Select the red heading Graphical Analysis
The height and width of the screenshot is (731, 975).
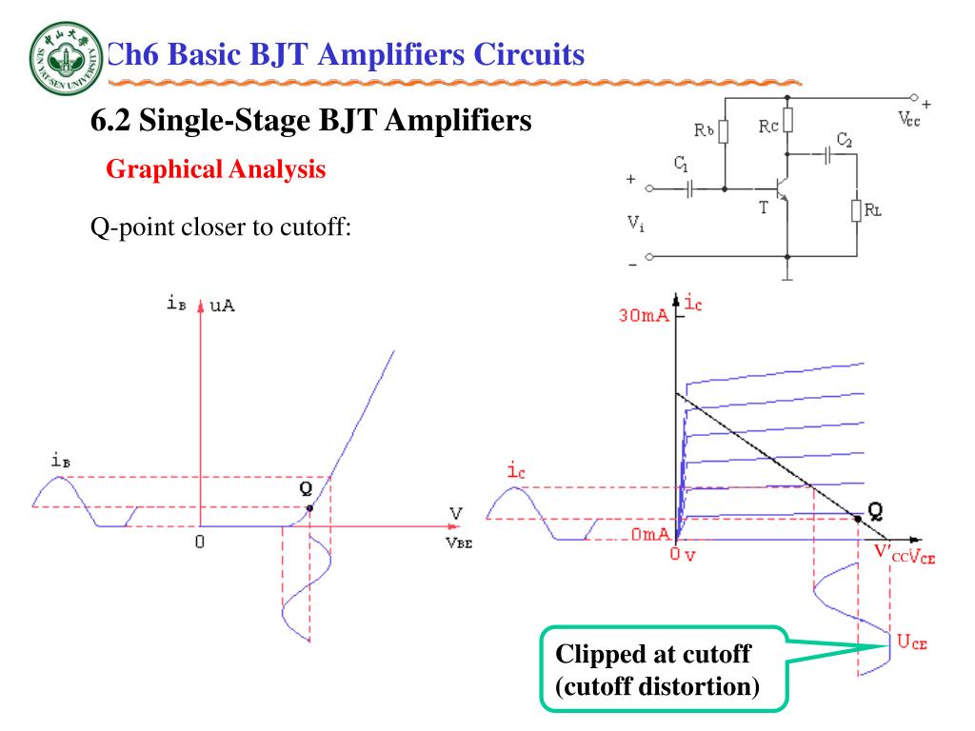215,170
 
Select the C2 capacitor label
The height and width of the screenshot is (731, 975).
844,139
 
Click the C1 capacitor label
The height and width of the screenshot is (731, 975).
682,165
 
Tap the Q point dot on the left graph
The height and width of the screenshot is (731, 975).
309,508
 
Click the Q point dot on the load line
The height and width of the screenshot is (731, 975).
858,519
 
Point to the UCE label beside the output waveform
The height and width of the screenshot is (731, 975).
911,642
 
